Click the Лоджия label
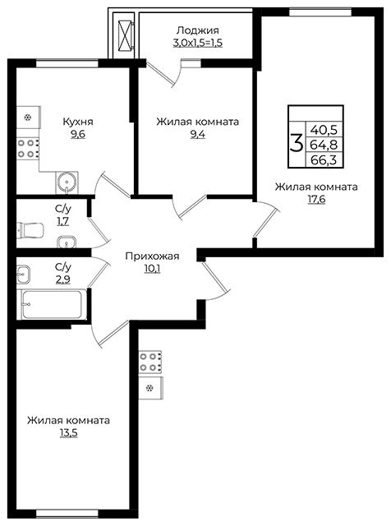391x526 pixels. coord(198,30)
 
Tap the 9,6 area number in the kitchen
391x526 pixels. coord(78,135)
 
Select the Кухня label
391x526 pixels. coord(78,122)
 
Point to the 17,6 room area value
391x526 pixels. coord(316,200)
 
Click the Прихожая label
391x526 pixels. coord(152,256)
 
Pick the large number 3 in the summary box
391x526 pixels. coord(296,143)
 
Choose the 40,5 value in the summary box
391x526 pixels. coord(324,129)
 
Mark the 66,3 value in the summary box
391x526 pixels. coord(324,160)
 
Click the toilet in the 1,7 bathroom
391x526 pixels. coord(30,230)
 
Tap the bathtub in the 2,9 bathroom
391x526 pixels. coord(52,305)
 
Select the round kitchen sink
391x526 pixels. coord(67,182)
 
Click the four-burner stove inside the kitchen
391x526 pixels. coord(28,149)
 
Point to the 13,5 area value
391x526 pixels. coord(68,433)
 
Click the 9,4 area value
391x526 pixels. coord(198,135)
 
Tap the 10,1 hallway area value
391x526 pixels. coord(152,269)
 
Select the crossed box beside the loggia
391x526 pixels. coord(125,32)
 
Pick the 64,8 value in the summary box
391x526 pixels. coord(324,145)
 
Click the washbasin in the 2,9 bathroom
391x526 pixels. coord(24,273)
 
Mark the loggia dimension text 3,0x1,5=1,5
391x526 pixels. coord(198,43)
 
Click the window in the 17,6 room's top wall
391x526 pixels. coord(320,12)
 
